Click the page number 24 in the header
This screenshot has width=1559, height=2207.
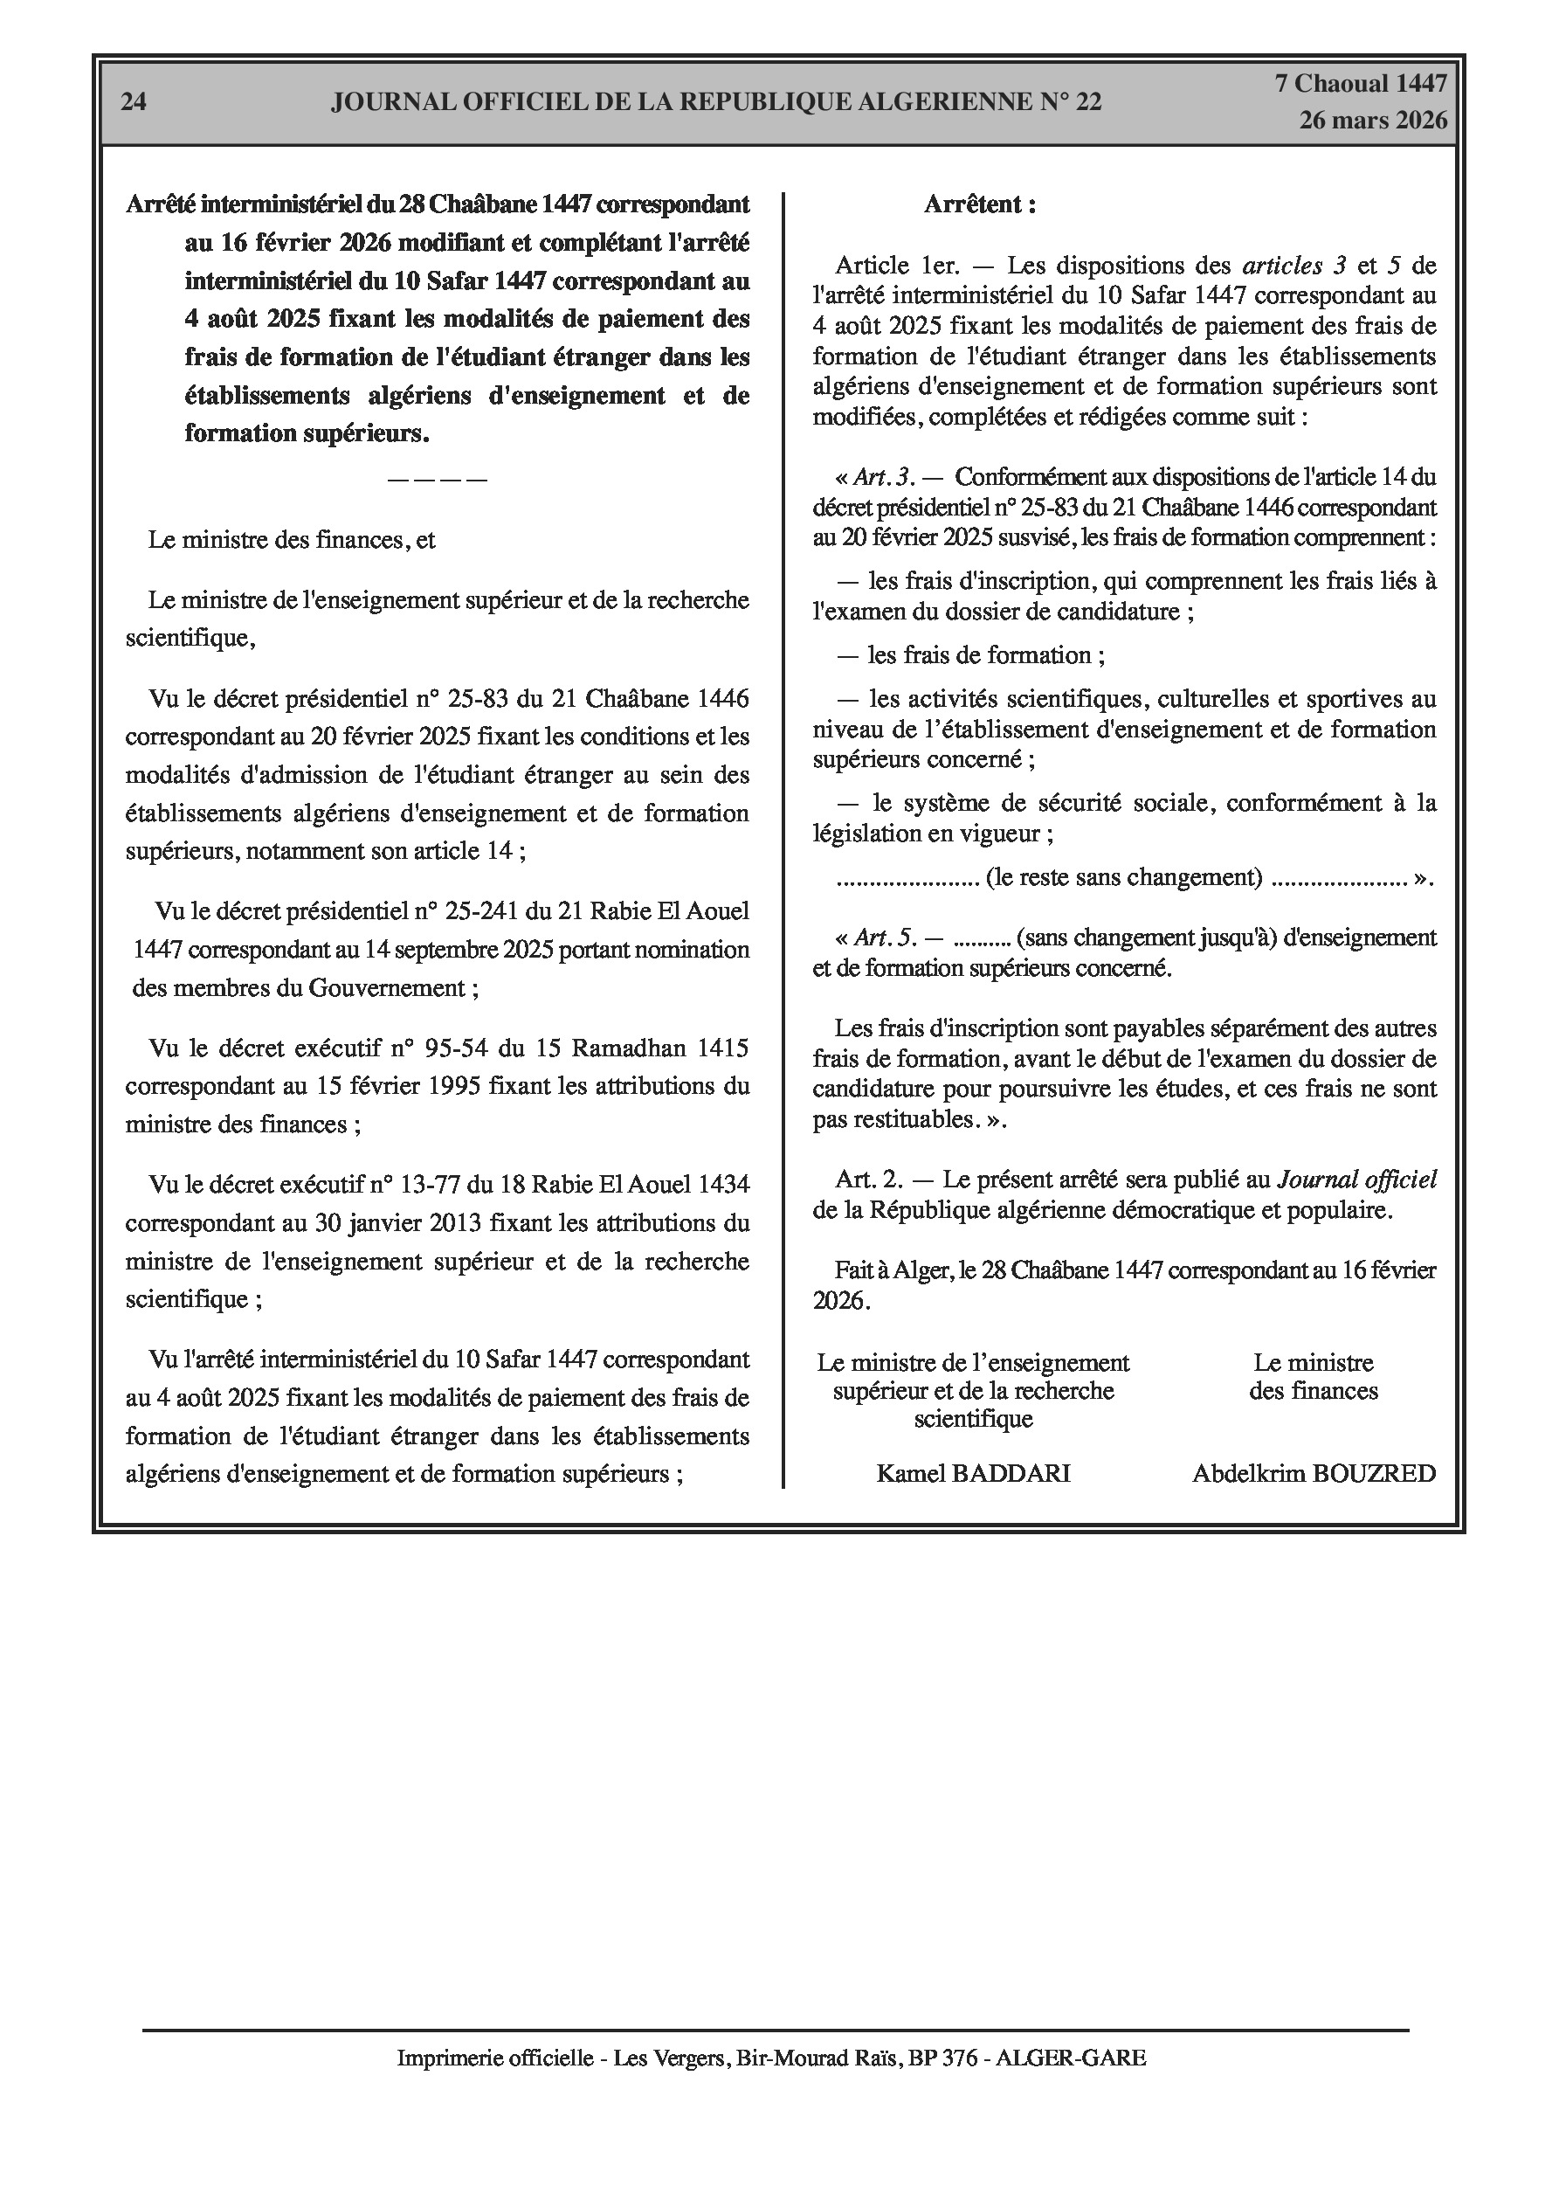(134, 102)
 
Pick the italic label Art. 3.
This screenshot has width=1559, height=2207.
(882, 477)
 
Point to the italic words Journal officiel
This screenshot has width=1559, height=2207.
(1356, 1179)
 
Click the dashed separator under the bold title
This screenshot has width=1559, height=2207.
(438, 479)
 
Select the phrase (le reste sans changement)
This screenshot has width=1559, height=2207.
(1123, 876)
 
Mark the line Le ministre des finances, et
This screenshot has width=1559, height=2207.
(291, 539)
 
